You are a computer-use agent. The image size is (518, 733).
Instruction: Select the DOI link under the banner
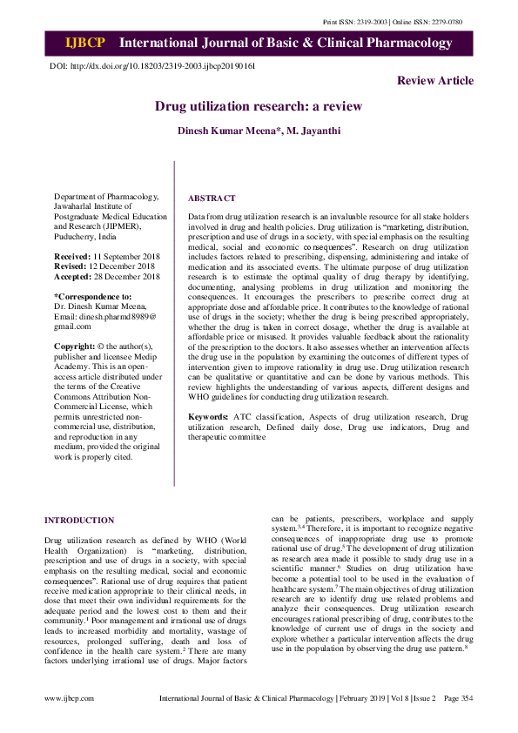tap(152, 66)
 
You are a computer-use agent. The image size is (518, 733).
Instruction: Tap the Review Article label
tap(435, 81)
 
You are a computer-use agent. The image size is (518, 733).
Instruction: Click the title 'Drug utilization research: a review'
tap(259, 107)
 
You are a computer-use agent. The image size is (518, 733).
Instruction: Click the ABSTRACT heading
tap(212, 198)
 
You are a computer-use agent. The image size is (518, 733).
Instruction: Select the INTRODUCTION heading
tap(79, 521)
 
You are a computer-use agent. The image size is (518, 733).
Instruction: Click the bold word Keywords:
tap(208, 418)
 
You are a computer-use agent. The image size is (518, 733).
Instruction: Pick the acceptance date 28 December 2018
tap(126, 277)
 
